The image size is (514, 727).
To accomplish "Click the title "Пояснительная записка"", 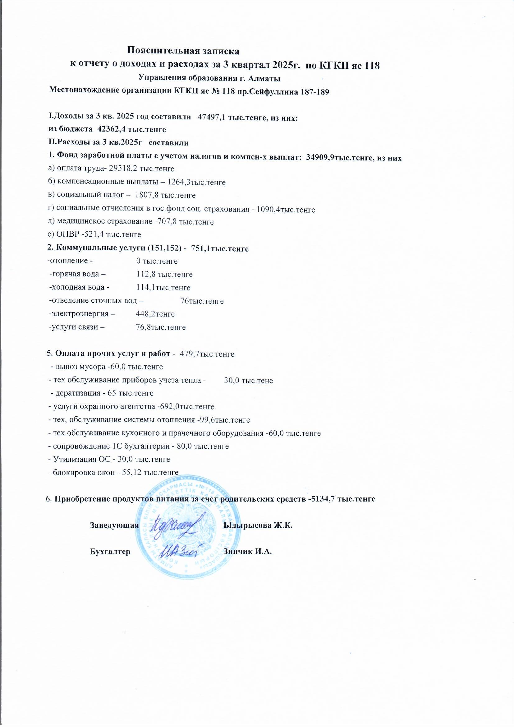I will click(183, 50).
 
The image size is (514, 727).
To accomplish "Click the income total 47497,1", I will click(210, 117).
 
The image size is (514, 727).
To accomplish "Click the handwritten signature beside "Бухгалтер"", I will click(179, 552).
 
